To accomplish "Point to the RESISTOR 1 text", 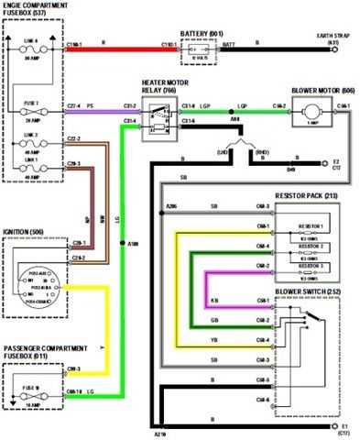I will click(x=311, y=225).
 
